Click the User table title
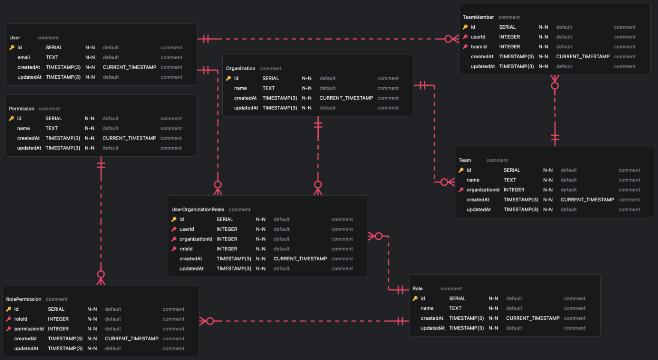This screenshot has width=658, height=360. click(x=15, y=38)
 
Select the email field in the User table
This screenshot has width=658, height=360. click(x=24, y=57)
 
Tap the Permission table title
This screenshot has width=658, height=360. click(x=21, y=109)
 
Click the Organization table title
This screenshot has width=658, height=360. click(x=240, y=68)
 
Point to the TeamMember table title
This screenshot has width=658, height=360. click(x=478, y=17)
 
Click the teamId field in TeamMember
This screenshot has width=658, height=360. click(x=479, y=47)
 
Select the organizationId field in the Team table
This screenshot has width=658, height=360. click(x=483, y=190)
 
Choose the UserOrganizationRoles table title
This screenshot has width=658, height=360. click(x=197, y=209)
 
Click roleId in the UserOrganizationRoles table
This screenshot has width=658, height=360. click(x=186, y=249)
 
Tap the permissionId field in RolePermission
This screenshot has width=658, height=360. click(x=29, y=329)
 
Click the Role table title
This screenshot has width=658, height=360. click(x=417, y=289)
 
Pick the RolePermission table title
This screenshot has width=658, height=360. click(x=24, y=299)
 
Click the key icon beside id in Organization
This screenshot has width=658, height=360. click(x=229, y=78)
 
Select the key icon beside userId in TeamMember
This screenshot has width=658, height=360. click(x=465, y=37)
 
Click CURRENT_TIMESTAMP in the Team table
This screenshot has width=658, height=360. click(x=587, y=199)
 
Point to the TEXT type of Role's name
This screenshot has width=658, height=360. click(x=455, y=308)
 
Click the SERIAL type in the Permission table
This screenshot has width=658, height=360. click(x=54, y=119)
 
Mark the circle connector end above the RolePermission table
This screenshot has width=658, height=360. click(x=101, y=274)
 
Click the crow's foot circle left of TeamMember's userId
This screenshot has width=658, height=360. click(x=449, y=39)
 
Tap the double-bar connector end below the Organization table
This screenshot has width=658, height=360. click(x=318, y=125)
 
